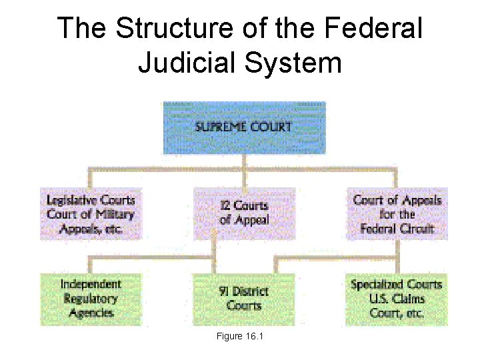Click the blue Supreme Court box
pyautogui.click(x=244, y=128)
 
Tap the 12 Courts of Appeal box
pyautogui.click(x=244, y=213)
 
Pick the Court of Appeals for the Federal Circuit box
pyautogui.click(x=397, y=214)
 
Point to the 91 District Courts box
pyautogui.click(x=244, y=299)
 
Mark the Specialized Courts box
pyautogui.click(x=397, y=299)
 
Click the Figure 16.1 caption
pyautogui.click(x=240, y=337)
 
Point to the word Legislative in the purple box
pyautogui.click(x=72, y=200)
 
